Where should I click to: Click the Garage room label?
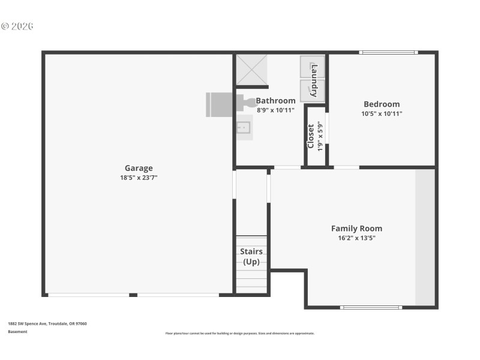(139, 168)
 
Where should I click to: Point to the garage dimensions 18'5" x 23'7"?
(139, 178)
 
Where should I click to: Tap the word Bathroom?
(275, 101)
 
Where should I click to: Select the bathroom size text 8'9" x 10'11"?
(275, 110)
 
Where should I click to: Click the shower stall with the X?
(251, 70)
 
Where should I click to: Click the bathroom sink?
(244, 127)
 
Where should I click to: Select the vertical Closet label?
(311, 136)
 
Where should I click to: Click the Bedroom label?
(382, 104)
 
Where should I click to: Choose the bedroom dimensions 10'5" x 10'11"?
(382, 113)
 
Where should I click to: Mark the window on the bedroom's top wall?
(388, 53)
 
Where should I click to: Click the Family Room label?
(356, 228)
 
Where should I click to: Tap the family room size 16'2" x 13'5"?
(356, 238)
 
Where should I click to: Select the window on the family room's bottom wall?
(371, 307)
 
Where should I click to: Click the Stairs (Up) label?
(251, 256)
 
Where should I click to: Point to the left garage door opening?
(88, 295)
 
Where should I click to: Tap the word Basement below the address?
(17, 331)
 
